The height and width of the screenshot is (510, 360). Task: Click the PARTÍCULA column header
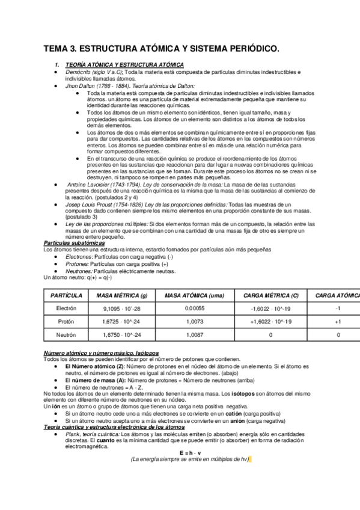point(66,296)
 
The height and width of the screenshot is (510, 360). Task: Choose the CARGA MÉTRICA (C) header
point(270,296)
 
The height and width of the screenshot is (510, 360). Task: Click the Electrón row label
point(66,308)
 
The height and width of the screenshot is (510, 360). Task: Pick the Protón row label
point(66,322)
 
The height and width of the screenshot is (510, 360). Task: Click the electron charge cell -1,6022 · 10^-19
point(270,308)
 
